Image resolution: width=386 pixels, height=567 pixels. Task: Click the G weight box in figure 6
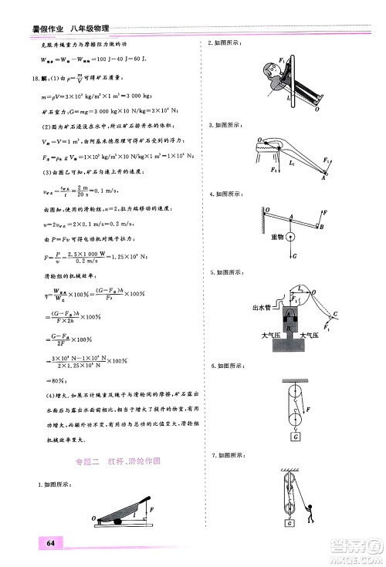(296, 437)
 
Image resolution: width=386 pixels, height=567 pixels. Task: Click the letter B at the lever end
(323, 228)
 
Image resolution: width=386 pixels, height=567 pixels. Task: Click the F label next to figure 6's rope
(313, 407)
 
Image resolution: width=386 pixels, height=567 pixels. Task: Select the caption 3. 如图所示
(225, 124)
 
